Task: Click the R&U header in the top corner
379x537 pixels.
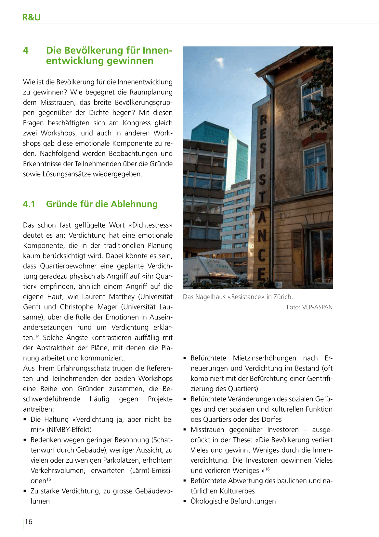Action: [31, 17]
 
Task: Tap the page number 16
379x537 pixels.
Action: [29, 521]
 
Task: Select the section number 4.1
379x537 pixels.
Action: [29, 204]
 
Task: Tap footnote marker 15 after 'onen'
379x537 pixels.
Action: [48, 479]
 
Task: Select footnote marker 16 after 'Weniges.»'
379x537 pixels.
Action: [268, 469]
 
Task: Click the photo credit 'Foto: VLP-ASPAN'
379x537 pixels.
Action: [309, 307]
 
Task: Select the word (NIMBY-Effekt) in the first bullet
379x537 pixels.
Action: [69, 430]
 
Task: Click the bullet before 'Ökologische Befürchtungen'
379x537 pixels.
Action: [185, 501]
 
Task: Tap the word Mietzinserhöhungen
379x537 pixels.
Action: [264, 358]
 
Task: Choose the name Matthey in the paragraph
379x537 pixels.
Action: [122, 297]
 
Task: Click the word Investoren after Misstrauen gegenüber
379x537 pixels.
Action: [283, 430]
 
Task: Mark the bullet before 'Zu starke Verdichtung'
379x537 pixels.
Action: [25, 491]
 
